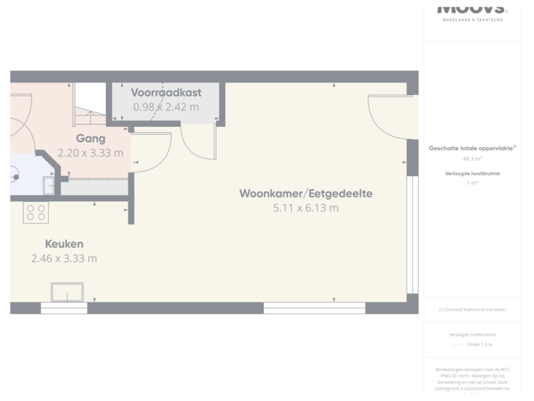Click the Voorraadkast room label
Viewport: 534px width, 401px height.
click(165, 93)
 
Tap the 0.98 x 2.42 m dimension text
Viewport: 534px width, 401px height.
click(165, 107)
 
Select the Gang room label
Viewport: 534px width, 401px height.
click(90, 138)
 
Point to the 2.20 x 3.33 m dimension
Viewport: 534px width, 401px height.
click(90, 153)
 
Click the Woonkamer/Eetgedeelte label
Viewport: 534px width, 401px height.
click(306, 194)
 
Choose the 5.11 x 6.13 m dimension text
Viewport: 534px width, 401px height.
click(306, 208)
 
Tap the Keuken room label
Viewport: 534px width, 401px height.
click(64, 244)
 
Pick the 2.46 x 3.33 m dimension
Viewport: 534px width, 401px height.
click(64, 258)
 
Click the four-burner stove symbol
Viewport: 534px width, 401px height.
click(36, 213)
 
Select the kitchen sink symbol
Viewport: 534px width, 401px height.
click(67, 292)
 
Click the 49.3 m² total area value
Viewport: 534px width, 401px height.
click(472, 158)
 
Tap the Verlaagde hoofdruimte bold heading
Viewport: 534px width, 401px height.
click(472, 174)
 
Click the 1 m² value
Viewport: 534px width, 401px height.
click(472, 183)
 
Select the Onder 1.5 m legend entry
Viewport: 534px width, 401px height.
click(479, 345)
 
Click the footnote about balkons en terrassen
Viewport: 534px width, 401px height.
click(472, 309)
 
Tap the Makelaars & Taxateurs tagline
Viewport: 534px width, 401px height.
click(472, 19)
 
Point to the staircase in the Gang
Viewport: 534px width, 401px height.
click(90, 108)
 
